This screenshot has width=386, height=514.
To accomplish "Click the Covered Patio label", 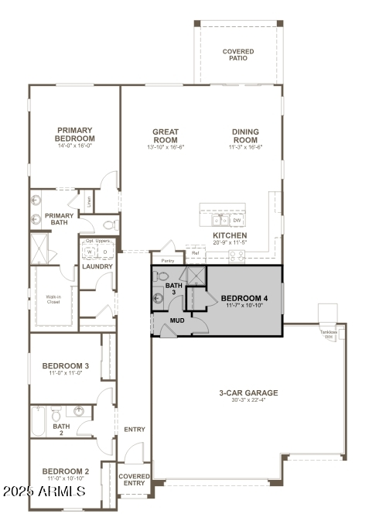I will (x=238, y=55).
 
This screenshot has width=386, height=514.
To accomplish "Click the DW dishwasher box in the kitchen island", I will (x=237, y=221).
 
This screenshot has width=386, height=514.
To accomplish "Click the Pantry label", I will (x=168, y=261).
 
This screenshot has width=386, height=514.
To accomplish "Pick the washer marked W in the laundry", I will (x=89, y=252).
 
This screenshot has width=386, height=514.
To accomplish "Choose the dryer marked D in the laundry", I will (x=105, y=252).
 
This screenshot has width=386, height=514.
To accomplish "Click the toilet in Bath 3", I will (x=163, y=276).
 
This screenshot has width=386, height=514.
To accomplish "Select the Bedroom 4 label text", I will (x=245, y=298).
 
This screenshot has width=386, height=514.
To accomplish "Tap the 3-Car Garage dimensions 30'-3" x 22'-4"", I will (x=248, y=400).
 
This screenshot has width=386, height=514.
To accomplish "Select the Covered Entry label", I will (x=134, y=479).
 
